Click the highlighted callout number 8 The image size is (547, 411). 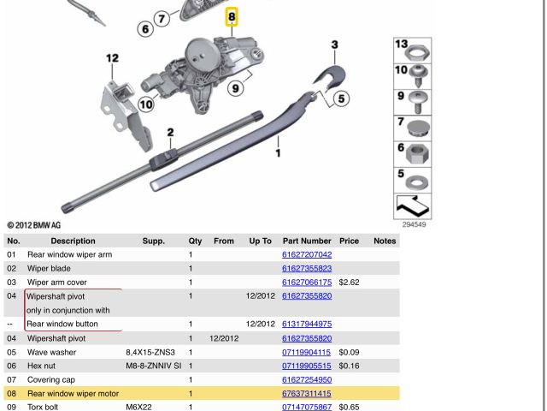[x=232, y=16]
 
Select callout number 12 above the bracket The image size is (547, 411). [x=112, y=58]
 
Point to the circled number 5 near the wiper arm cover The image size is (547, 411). [x=341, y=98]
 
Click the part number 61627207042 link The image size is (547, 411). [x=306, y=255]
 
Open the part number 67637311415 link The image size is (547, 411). [x=306, y=394]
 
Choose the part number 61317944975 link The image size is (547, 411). [x=306, y=325]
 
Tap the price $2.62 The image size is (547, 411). [x=348, y=283]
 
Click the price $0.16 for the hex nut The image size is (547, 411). [x=348, y=366]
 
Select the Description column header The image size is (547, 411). [x=73, y=241]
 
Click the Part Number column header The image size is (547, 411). [x=306, y=241]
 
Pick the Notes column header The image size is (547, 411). [x=385, y=241]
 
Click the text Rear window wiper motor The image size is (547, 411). [x=73, y=394]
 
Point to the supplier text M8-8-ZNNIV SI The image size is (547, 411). [x=154, y=366]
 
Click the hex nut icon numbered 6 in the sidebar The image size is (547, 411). [x=417, y=157]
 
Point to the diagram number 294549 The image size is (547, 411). [x=414, y=224]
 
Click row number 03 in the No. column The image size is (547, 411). [x=12, y=283]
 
